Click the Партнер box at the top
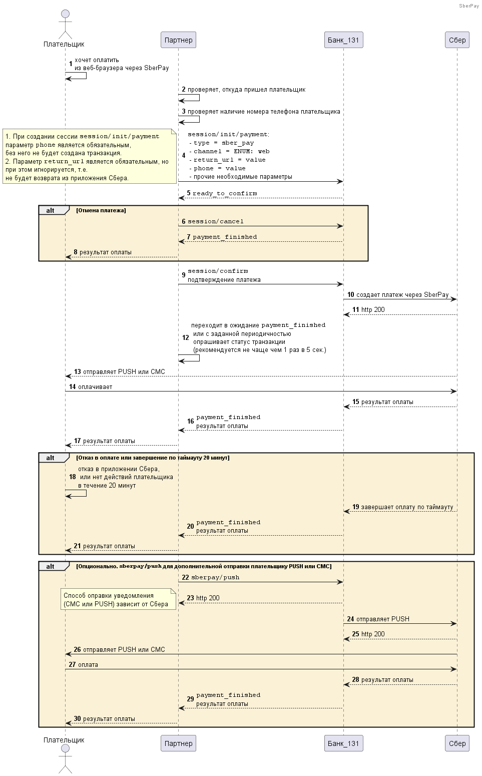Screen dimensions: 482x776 click(x=178, y=40)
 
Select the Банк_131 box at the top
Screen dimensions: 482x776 click(x=343, y=40)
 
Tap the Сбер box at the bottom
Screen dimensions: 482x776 click(x=457, y=743)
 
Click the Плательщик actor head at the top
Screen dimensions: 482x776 click(x=65, y=14)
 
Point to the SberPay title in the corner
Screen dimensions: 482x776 click(x=469, y=6)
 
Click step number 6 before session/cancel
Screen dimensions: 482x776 click(x=184, y=221)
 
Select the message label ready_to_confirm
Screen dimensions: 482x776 click(x=225, y=193)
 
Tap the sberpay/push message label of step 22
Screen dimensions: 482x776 click(x=215, y=578)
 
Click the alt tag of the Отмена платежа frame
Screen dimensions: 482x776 click(x=50, y=210)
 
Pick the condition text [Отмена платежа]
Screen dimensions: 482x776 click(x=101, y=210)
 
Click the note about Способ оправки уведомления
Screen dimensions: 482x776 click(x=118, y=600)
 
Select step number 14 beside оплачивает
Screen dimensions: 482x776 click(x=73, y=386)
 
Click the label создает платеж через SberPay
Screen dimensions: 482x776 click(x=402, y=294)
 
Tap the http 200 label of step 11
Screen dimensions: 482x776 click(x=373, y=310)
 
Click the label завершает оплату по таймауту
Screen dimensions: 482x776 click(x=407, y=507)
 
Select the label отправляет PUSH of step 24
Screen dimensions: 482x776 click(x=382, y=619)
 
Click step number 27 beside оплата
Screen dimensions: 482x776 click(x=72, y=664)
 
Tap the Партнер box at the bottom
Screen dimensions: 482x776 click(x=178, y=743)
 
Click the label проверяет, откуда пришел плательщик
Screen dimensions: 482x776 click(x=247, y=90)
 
